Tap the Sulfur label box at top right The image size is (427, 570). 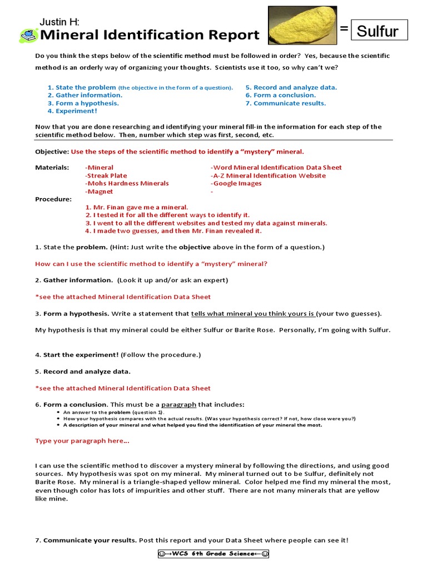coord(379,30)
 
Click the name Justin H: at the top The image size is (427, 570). coord(59,22)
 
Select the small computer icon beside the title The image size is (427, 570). coord(28,36)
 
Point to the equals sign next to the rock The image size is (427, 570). coord(344,29)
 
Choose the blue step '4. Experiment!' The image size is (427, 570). coord(72,111)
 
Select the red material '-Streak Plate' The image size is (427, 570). coord(106,175)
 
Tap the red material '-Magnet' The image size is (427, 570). coord(99,191)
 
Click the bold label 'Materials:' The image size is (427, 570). coord(52,168)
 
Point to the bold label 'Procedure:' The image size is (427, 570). coord(53,199)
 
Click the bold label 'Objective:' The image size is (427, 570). coord(52,151)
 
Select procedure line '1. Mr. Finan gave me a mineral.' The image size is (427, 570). coord(137,207)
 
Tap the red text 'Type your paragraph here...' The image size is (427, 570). coord(82,441)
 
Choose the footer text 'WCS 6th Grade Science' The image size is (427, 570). coord(213,554)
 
